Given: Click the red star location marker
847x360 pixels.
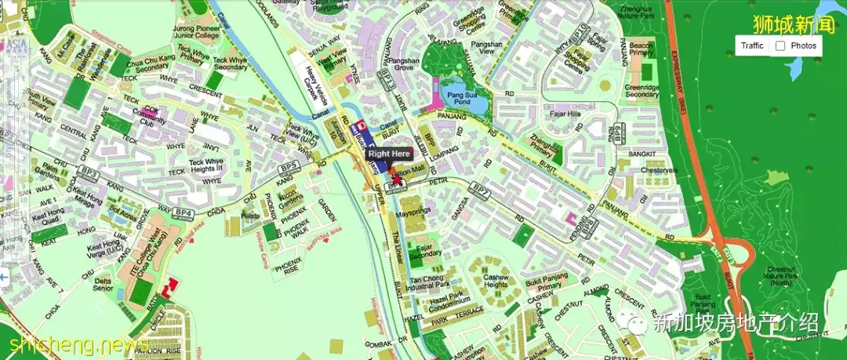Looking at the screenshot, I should coord(396,180).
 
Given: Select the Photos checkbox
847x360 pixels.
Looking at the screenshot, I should coord(780,45).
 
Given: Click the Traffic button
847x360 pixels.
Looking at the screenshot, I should coord(752,45).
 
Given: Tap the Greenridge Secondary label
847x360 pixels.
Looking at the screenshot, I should coord(642,90).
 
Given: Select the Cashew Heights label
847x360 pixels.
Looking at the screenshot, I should coord(496,282).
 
